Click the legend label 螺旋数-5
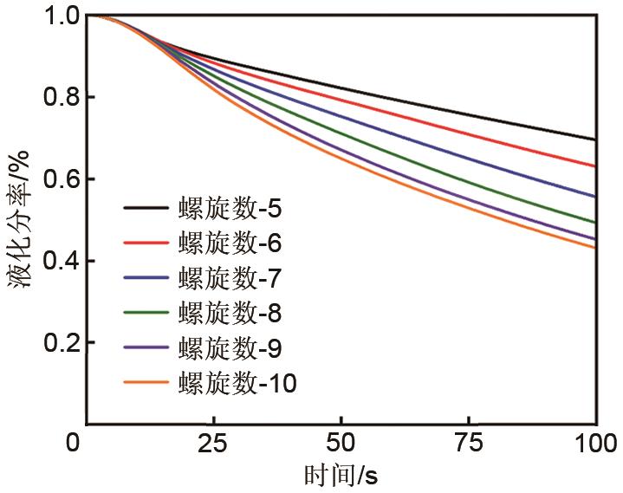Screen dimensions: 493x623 coord(230,209)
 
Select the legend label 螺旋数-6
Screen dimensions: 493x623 coord(230,243)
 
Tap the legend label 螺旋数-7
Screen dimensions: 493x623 coord(230,278)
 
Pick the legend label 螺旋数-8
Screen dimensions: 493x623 coord(230,313)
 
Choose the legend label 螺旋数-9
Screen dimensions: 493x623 coord(230,347)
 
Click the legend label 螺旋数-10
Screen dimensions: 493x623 coord(237,382)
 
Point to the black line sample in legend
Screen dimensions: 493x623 coord(147,209)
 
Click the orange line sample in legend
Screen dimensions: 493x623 coord(147,382)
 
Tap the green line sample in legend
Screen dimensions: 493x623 coord(147,313)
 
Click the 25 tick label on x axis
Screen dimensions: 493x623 coord(215,444)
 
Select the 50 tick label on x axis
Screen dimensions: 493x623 coord(342,444)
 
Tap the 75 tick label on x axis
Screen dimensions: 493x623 coord(470,444)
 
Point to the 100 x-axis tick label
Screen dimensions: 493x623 coord(597,444)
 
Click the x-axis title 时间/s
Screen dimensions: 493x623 coord(341,476)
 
